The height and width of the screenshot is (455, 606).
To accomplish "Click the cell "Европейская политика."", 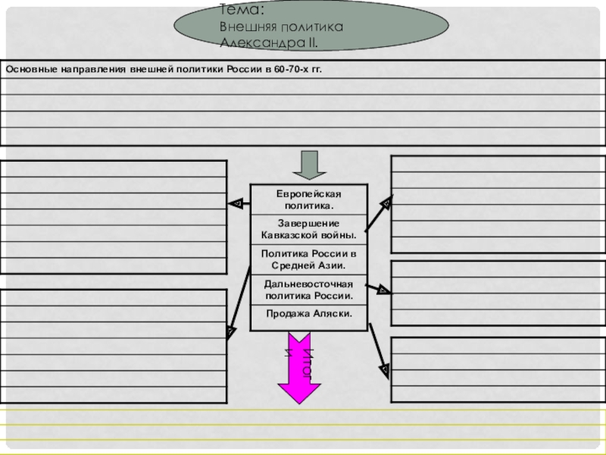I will click(x=309, y=200).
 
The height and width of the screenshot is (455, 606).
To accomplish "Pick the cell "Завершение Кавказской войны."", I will click(x=309, y=228).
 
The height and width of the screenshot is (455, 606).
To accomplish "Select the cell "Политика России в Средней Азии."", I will click(x=309, y=259).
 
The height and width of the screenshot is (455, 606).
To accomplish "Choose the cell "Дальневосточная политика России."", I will click(x=309, y=289).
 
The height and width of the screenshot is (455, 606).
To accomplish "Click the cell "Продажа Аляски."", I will click(x=309, y=313).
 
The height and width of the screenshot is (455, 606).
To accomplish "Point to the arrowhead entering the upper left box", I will click(x=236, y=203).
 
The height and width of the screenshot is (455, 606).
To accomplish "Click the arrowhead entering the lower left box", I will click(x=229, y=330).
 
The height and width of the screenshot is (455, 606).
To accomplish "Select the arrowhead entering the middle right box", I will click(x=383, y=289).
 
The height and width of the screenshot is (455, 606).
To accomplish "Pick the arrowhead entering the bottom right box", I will click(x=384, y=372).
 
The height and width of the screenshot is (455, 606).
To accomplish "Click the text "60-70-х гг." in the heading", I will click(x=298, y=70).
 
